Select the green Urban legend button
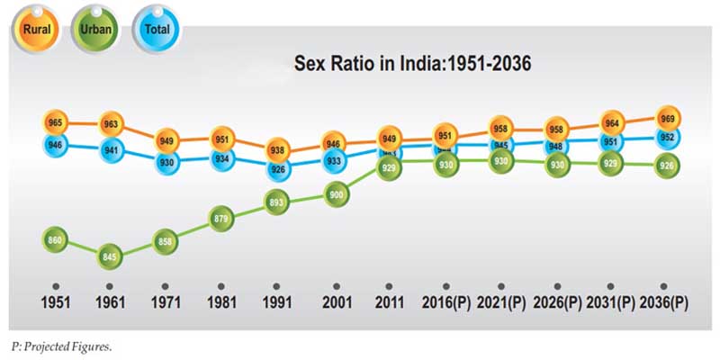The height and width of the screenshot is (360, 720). coord(95,29)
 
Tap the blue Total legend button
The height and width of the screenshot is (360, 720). coord(157,29)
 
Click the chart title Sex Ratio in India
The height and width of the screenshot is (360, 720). coord(413,64)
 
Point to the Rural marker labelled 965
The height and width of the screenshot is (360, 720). coord(56,121)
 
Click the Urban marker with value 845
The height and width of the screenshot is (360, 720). coord(112,256)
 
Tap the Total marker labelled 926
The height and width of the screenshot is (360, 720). coord(279,168)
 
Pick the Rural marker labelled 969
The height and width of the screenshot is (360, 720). coord(667,119)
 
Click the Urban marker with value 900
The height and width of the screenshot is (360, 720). coord(335,194)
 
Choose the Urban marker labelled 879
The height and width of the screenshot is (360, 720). coord(223,219)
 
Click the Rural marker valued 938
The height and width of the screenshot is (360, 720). coord(279,150)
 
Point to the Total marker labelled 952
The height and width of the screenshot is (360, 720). coord(667,138)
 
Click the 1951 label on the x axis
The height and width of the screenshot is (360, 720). coord(56,302)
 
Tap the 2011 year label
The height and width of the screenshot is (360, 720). coord(390,302)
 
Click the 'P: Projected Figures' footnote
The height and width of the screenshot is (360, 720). coord(61,346)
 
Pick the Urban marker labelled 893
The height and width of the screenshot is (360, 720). coord(279,202)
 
